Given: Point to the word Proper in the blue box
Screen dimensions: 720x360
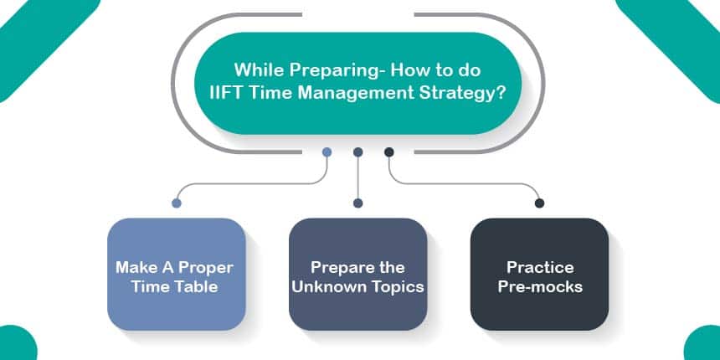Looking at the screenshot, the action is point(206,268).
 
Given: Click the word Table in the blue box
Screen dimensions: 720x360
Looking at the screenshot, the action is point(197,287).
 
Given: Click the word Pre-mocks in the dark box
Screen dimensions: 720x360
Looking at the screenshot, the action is point(540,287).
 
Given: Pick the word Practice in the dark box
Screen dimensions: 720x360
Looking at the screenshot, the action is point(540,268).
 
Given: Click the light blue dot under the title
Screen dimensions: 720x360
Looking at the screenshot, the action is point(327,152).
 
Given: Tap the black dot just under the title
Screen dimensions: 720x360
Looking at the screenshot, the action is point(389,152).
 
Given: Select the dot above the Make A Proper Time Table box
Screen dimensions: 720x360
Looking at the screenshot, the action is point(177,203).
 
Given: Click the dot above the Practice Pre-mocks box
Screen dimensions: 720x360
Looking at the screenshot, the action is point(539,203).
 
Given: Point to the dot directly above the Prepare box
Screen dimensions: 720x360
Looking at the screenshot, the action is point(358,203).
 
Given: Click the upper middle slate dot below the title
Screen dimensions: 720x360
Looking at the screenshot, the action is point(358,152).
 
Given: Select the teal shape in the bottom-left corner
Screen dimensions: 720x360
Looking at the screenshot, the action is point(18,343).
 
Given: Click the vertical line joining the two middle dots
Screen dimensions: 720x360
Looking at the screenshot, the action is point(358,177).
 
